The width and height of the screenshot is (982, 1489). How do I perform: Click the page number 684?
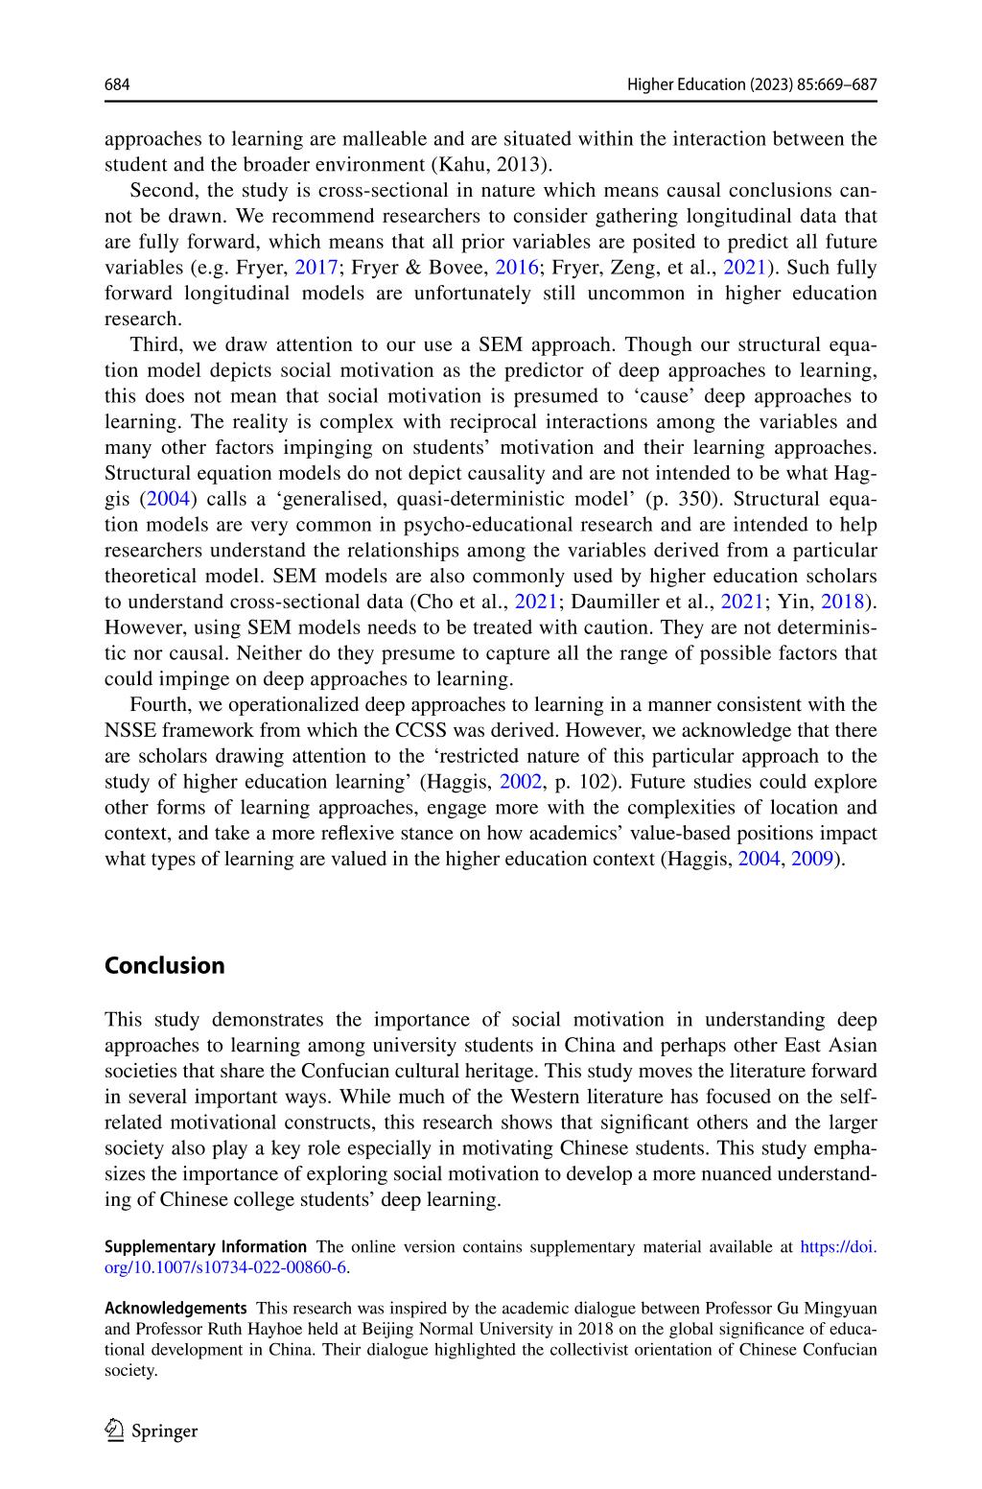(116, 85)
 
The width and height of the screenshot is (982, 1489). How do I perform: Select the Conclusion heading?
(164, 965)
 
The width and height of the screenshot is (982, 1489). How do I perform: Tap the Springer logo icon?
(115, 1430)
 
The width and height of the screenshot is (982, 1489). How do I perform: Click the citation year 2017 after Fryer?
(316, 268)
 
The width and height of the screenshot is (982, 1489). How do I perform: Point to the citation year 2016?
(516, 268)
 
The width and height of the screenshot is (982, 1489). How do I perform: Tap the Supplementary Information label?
(205, 1247)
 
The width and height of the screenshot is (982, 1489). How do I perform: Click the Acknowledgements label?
(175, 1308)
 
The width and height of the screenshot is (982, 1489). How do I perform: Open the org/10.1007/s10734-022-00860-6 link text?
(225, 1267)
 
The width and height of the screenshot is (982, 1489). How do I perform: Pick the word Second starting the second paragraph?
(159, 190)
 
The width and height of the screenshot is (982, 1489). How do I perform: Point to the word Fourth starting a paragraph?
(158, 704)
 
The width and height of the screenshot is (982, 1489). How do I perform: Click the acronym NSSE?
(130, 730)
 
